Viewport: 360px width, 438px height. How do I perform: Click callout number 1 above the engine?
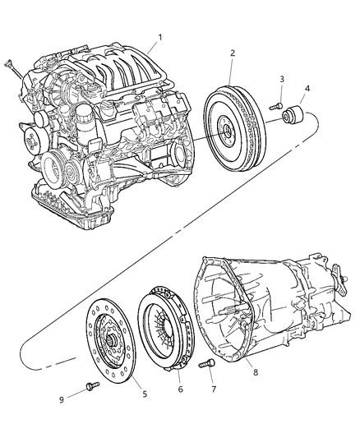(161, 37)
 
